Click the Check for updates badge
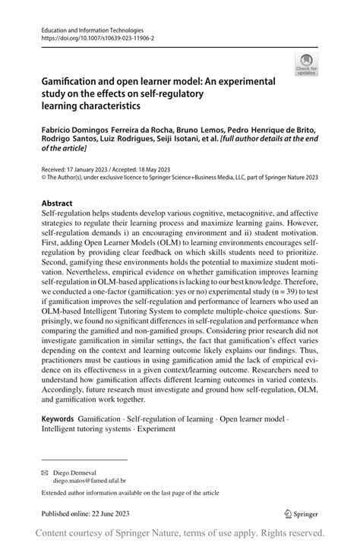tap(308, 65)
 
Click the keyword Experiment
tap(157, 428)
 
